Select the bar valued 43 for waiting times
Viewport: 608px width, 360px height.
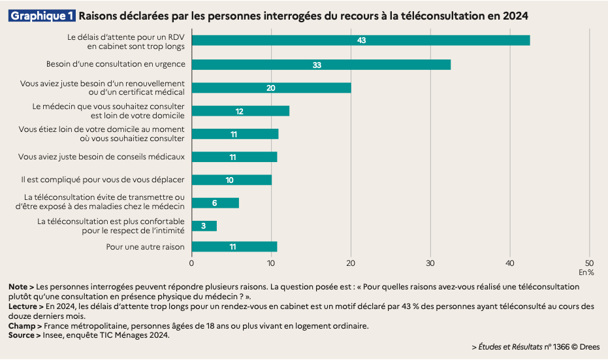point(360,41)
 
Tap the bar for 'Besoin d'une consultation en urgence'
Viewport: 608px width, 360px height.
point(321,65)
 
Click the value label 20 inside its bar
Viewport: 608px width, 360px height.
point(271,88)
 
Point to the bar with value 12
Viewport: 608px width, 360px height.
point(240,111)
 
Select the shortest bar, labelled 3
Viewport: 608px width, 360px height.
point(204,226)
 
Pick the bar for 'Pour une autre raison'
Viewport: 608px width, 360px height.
point(234,247)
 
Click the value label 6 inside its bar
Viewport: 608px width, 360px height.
point(214,203)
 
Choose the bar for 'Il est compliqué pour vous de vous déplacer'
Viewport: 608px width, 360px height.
point(231,180)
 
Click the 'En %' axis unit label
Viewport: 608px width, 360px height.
point(586,272)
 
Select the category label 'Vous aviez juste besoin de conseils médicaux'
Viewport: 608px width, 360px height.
point(102,157)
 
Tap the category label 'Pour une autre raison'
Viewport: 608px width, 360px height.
point(145,247)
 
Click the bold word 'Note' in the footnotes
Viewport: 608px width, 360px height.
point(18,287)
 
